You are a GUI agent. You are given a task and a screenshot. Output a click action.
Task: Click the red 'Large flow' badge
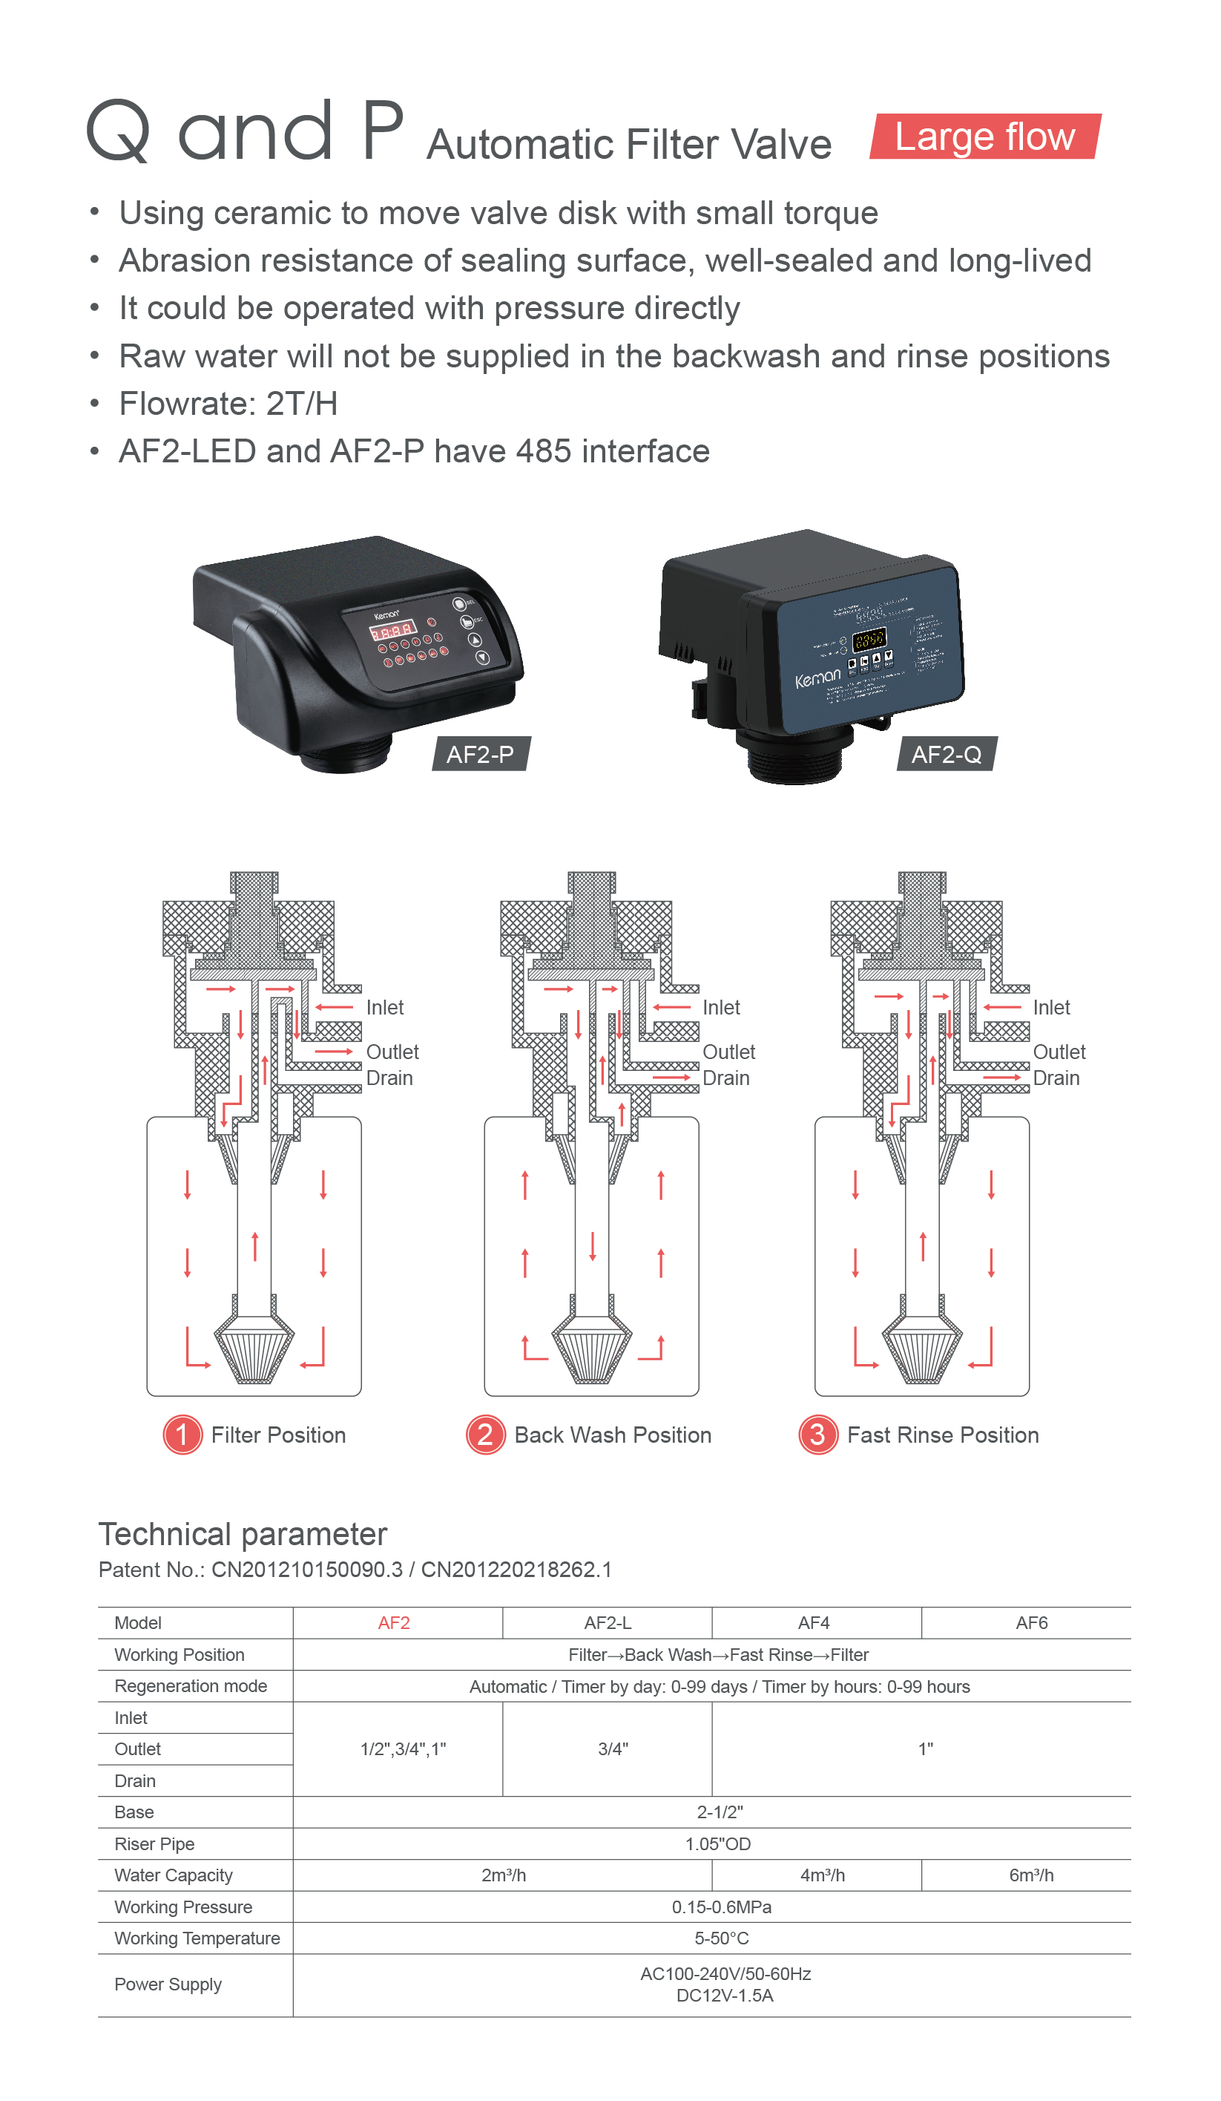984,137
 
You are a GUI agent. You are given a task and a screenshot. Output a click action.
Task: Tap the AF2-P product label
480,755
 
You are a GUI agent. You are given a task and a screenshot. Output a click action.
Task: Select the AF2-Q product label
946,755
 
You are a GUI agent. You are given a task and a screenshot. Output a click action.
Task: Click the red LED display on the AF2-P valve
392,630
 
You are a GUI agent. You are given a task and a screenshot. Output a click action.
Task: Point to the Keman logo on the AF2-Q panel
817,678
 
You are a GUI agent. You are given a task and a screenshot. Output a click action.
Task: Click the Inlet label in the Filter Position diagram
384,1007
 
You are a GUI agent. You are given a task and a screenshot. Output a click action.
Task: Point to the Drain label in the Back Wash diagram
726,1078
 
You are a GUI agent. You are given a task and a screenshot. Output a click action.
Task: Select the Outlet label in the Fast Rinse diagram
1059,1052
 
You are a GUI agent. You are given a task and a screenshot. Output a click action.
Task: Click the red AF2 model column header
393,1623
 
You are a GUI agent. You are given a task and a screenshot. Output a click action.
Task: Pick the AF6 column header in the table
1031,1623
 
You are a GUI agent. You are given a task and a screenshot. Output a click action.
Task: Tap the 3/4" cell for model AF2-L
613,1749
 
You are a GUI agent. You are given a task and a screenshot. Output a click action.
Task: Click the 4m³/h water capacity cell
822,1875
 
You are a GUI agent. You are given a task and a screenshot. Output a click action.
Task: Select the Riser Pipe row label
154,1844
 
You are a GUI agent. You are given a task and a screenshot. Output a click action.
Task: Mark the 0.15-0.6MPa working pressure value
721,1907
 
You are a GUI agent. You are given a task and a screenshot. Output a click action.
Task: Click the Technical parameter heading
243,1534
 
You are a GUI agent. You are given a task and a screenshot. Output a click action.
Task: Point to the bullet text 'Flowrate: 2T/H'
228,404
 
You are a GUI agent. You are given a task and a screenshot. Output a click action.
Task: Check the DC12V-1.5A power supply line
724,1995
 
